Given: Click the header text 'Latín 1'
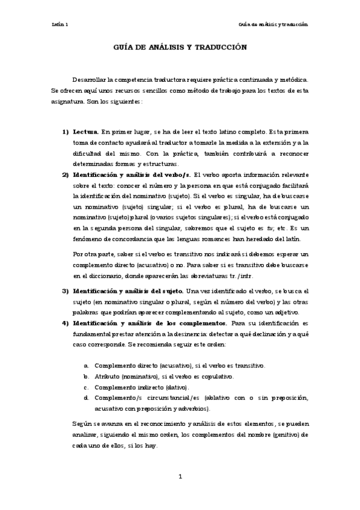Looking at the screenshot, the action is tap(60, 25).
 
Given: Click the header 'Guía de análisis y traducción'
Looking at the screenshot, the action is tap(273, 25).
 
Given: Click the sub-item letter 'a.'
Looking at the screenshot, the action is tap(87, 365).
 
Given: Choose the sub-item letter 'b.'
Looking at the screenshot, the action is tap(87, 376).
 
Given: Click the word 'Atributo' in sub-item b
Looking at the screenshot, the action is tap(107, 376).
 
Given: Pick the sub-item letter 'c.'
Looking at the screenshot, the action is tap(87, 387).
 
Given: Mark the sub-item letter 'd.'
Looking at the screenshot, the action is tap(87, 398).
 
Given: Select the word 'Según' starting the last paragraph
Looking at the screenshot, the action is tap(81, 424).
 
